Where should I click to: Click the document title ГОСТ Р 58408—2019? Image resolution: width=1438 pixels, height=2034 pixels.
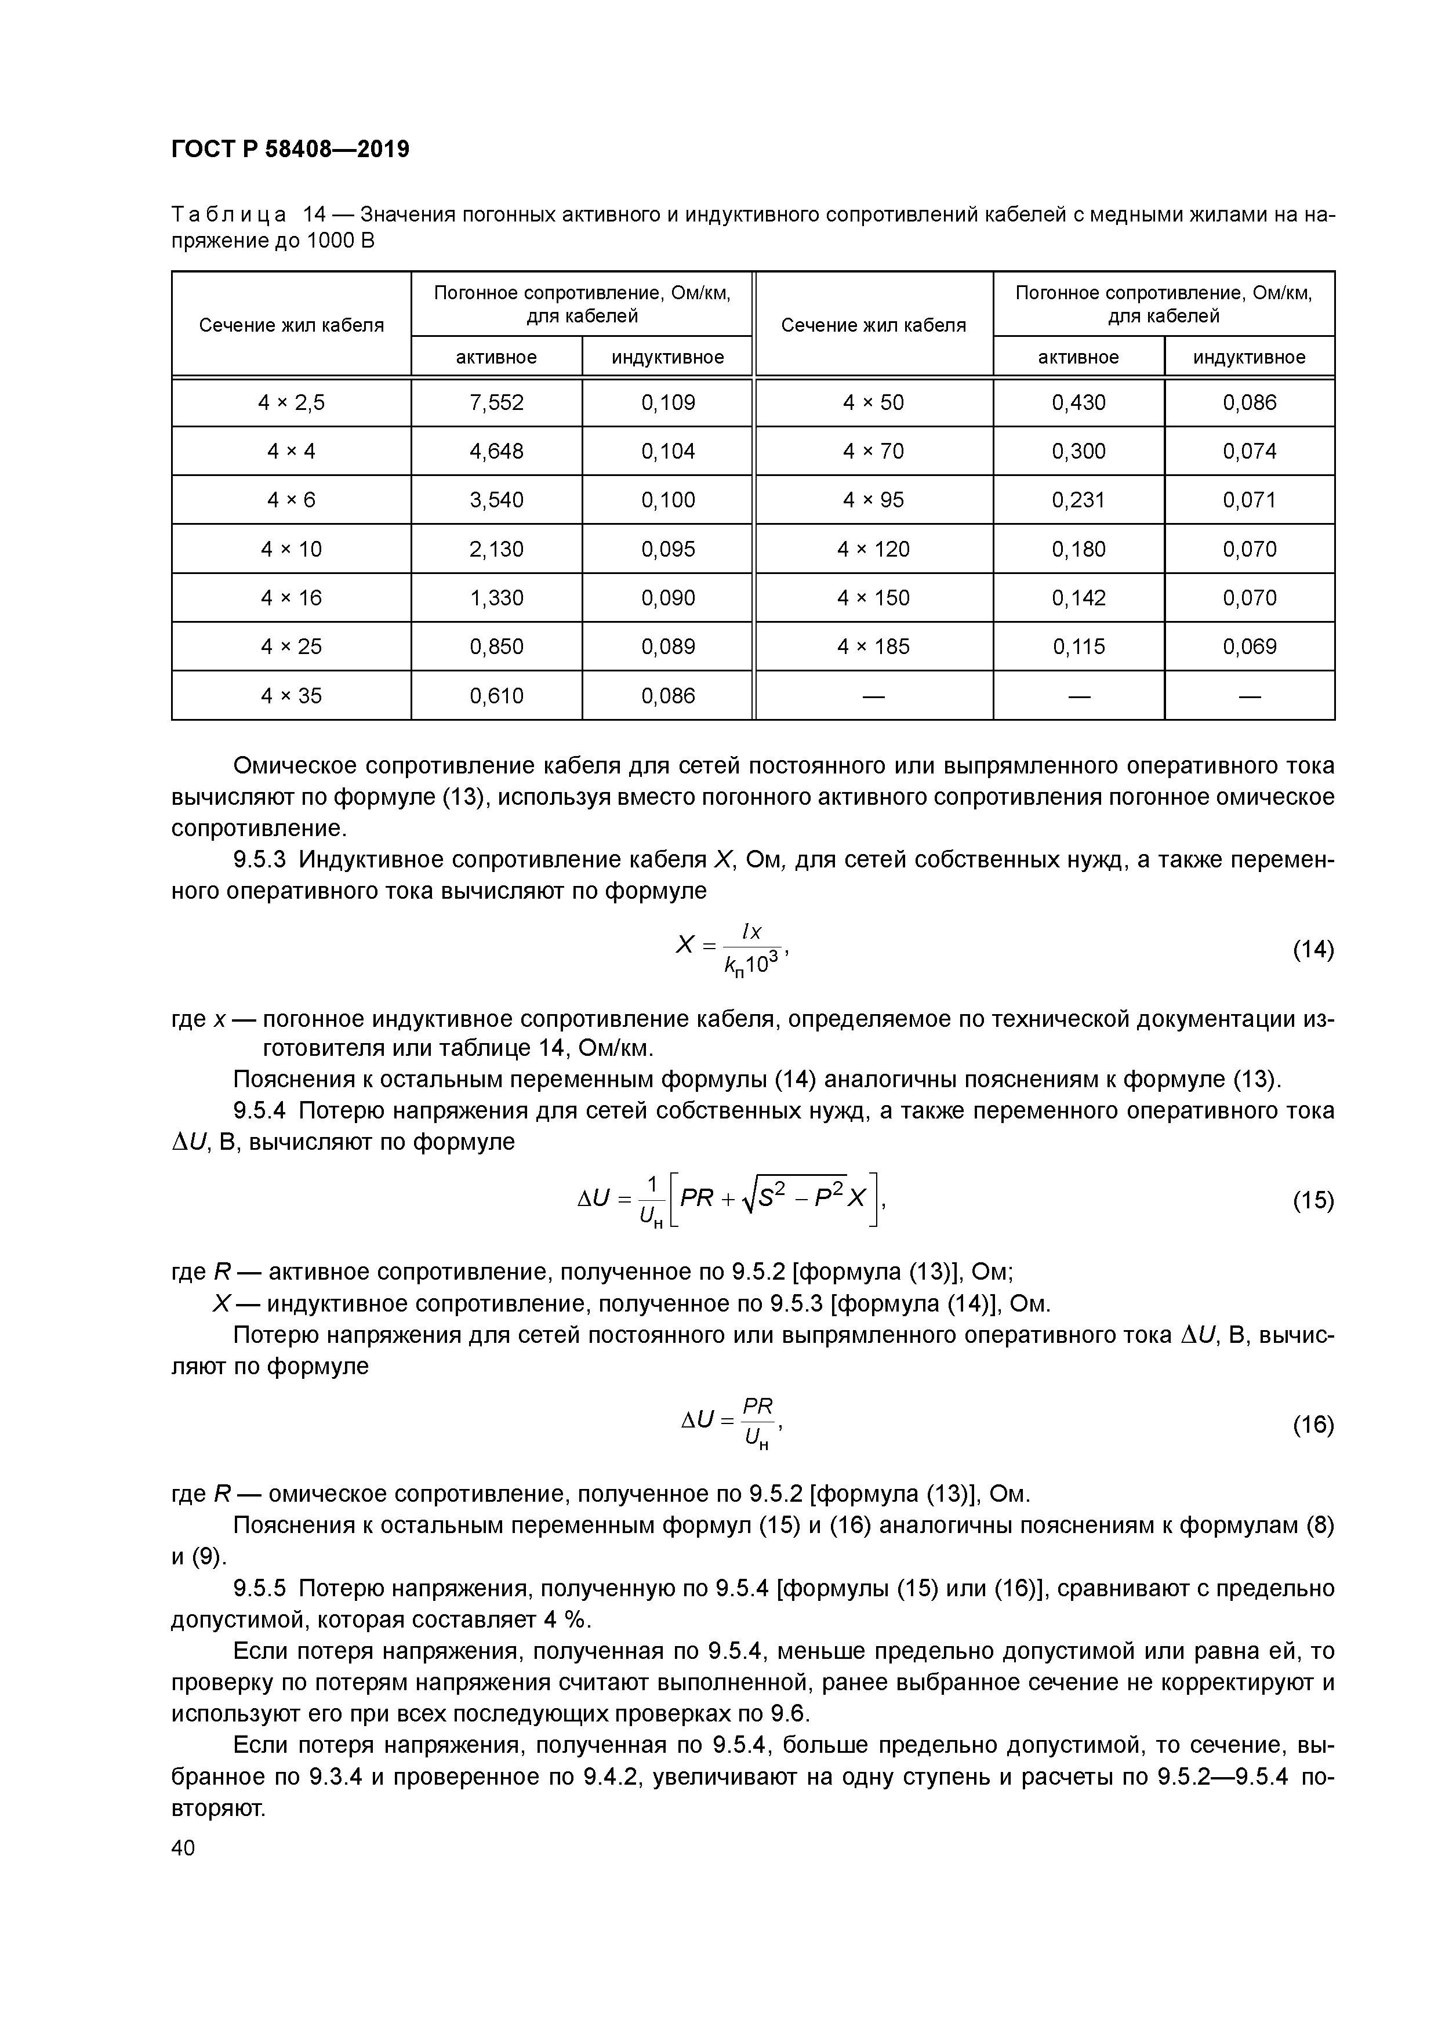pos(290,149)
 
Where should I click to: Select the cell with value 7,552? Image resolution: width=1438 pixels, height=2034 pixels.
pos(496,403)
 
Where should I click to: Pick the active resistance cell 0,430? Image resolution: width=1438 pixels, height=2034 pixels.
pos(1078,403)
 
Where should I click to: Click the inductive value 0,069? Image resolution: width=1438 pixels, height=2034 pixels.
pos(1250,646)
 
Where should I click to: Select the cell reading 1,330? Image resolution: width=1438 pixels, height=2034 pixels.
pos(496,598)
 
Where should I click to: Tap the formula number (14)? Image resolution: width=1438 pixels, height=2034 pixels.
pos(1313,950)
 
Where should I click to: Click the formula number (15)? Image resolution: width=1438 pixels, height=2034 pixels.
pos(1313,1200)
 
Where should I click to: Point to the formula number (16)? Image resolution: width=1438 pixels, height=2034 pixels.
pos(1313,1425)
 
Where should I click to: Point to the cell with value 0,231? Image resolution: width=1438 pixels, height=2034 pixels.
pos(1078,500)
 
